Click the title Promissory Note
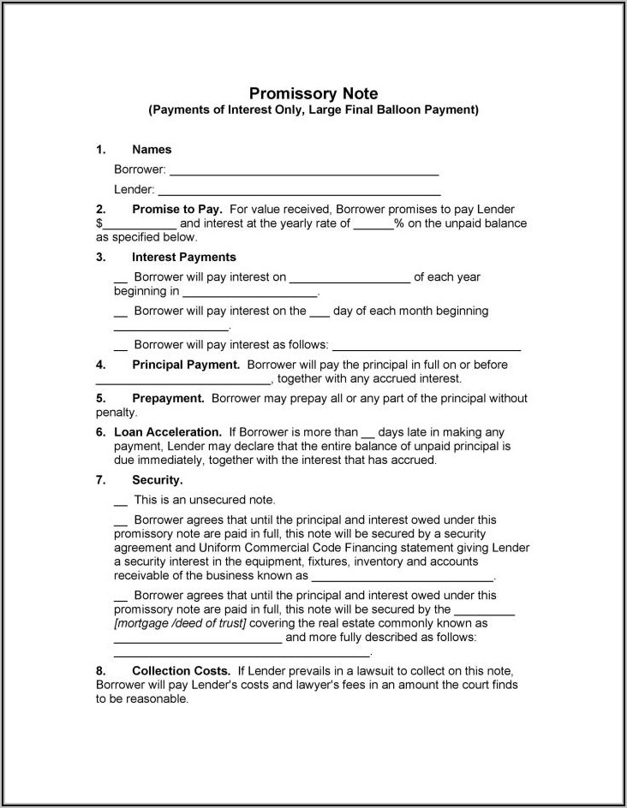(313, 93)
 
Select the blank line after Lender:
(299, 191)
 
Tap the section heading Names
(152, 150)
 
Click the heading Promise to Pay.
(177, 210)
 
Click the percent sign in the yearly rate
(398, 223)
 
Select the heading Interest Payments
(183, 257)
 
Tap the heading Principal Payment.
(186, 365)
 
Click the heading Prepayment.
(168, 398)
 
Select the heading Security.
(157, 480)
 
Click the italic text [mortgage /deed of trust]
(180, 623)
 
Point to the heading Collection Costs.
(181, 670)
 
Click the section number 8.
(100, 670)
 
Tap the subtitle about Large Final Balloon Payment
(313, 110)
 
